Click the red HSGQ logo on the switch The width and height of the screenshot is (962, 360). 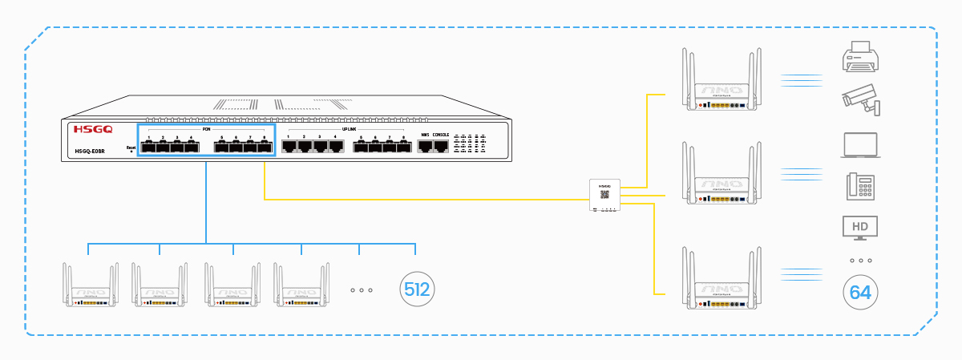point(93,129)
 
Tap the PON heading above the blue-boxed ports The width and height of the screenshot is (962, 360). point(205,128)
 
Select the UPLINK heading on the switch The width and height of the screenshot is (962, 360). point(349,128)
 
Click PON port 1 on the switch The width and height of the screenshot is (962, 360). point(149,146)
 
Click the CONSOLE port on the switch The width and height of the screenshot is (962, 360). point(441,146)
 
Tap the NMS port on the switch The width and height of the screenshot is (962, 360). point(425,146)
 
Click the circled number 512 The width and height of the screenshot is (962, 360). point(417,289)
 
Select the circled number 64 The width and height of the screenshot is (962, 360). point(859,293)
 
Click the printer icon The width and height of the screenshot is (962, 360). point(859,58)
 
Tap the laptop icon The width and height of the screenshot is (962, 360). point(860,145)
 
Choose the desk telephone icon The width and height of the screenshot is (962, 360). point(859,186)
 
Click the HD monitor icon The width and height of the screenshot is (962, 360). point(859,227)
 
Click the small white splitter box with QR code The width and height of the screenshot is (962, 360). point(604,195)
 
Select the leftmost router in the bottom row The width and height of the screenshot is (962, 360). point(90,285)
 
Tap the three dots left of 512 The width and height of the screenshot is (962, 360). point(362,289)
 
